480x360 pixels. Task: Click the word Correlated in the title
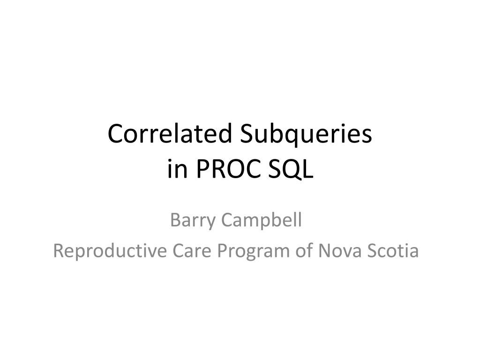point(172,135)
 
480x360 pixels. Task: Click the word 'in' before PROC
point(177,170)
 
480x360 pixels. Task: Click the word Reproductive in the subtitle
point(110,251)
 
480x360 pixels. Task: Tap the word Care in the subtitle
point(191,251)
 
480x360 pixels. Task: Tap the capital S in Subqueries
point(247,135)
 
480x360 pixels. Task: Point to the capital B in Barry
point(175,219)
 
